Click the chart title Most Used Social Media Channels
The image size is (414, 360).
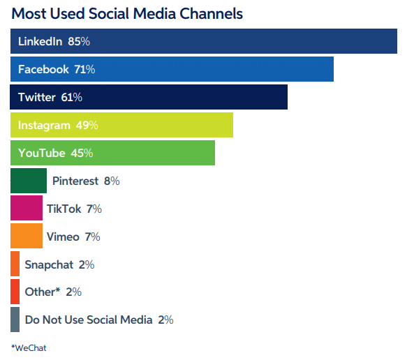coord(127,13)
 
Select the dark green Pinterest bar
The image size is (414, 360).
coord(29,181)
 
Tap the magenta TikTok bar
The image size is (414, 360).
coord(27,208)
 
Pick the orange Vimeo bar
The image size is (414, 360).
coord(27,236)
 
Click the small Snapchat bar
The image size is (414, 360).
coord(15,264)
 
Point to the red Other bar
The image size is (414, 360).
coord(15,292)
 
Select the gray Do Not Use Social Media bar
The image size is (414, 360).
coord(15,320)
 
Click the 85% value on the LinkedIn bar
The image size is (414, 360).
coord(79,42)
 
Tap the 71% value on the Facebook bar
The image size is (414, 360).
coord(84,69)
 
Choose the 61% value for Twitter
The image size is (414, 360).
coord(71,98)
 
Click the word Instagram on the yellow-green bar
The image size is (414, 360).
coord(44,126)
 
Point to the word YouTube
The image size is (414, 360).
coord(41,153)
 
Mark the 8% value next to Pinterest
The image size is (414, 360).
coord(112,181)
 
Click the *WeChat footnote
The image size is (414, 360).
coord(29,348)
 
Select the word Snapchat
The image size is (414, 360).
coord(49,264)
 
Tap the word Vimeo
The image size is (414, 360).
coord(63,237)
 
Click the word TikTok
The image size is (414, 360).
coord(64,209)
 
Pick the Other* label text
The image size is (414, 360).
coord(43,292)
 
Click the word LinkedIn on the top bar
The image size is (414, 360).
coord(40,42)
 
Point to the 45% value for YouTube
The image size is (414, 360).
coord(82,153)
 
